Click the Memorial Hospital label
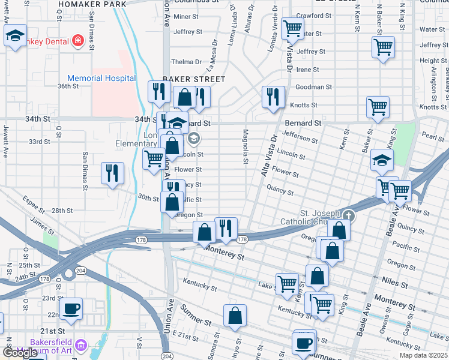[x=101, y=78]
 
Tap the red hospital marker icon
[x=77, y=41]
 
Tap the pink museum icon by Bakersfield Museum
[x=82, y=346]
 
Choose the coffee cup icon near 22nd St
[x=72, y=308]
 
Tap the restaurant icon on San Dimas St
[x=112, y=173]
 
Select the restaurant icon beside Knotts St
[x=274, y=96]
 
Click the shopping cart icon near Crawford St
[x=292, y=27]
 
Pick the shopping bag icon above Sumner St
[x=235, y=316]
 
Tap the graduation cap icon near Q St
[x=16, y=37]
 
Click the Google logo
[x=20, y=353]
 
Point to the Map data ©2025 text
[x=423, y=355]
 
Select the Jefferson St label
[x=298, y=138]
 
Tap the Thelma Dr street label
[x=186, y=62]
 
